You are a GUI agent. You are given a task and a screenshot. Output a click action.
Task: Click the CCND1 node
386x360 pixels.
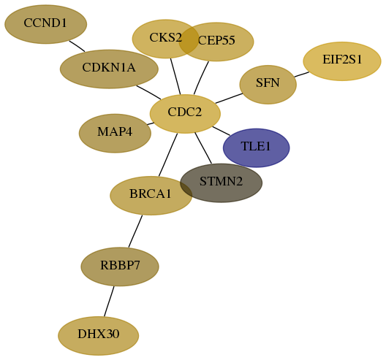tap(46, 24)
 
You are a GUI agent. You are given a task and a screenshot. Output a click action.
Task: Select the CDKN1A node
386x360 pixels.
tap(109, 69)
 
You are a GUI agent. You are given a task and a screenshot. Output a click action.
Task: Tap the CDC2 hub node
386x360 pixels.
tap(185, 114)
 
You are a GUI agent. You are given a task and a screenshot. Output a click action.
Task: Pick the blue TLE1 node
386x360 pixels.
tap(257, 148)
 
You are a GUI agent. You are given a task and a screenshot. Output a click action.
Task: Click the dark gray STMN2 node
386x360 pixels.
tap(221, 183)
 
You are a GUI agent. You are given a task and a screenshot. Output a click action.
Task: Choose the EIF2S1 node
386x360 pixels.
tap(342, 61)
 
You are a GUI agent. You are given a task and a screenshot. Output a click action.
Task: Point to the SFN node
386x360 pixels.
tap(268, 85)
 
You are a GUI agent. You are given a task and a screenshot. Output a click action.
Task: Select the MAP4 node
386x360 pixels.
tap(115, 133)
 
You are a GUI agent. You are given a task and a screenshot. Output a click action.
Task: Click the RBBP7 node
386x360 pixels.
tap(120, 267)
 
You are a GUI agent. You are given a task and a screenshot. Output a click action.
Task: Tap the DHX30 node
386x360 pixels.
tap(99, 336)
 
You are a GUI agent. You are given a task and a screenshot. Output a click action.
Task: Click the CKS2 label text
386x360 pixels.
tap(166, 38)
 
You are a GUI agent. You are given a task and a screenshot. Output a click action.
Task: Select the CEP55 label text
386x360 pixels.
tap(216, 40)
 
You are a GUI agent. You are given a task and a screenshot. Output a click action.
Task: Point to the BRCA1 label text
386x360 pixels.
tap(150, 194)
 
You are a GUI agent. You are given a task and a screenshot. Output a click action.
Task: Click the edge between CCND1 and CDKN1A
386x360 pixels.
tap(77, 46)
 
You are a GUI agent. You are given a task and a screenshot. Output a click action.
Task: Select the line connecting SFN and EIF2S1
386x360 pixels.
tap(301, 74)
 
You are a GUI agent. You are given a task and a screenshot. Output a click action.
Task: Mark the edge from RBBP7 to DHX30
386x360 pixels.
tap(109, 302)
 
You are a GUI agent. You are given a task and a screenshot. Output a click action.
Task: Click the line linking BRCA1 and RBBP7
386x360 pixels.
tap(135, 231)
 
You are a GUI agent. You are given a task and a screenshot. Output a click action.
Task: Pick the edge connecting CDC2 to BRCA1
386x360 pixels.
tap(168, 155)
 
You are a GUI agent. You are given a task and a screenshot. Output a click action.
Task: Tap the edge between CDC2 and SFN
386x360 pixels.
tap(229, 99)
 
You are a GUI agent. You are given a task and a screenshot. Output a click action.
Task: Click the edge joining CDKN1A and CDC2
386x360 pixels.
tap(148, 93)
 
